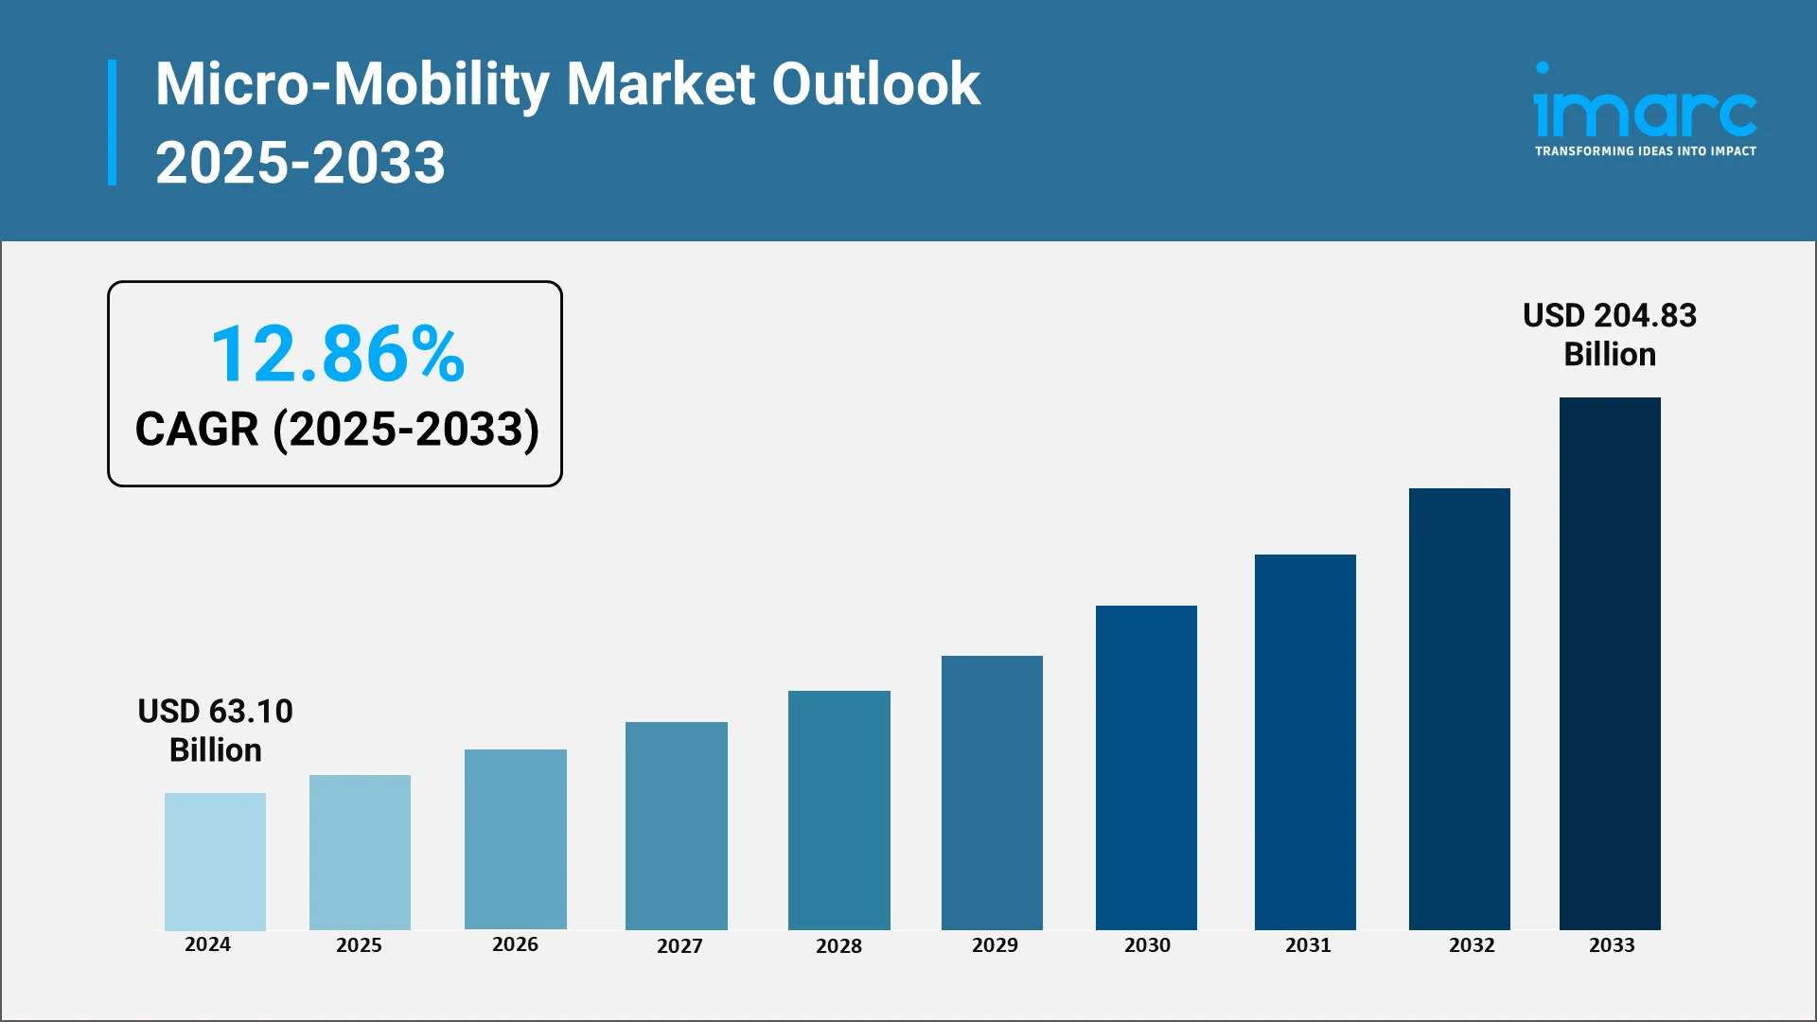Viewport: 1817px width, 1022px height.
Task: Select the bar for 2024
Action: click(x=215, y=861)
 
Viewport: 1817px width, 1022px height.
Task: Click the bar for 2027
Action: click(x=676, y=825)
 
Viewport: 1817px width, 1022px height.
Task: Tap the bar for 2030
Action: click(x=1146, y=767)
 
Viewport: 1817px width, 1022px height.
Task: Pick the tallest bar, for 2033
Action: click(x=1610, y=663)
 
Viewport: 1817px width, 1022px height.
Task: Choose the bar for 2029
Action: click(x=992, y=792)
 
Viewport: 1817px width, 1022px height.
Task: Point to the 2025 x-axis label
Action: click(x=359, y=944)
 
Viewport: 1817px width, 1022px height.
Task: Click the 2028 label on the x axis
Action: click(x=838, y=945)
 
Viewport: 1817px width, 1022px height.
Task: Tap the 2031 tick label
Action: click(x=1308, y=944)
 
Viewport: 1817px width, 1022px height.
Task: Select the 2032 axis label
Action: click(x=1472, y=944)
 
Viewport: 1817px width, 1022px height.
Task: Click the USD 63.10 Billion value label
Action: click(x=215, y=730)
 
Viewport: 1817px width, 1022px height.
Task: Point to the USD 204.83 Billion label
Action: click(x=1609, y=334)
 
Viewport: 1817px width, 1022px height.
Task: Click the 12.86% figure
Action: click(x=337, y=354)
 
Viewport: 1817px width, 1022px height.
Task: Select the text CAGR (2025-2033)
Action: click(x=337, y=429)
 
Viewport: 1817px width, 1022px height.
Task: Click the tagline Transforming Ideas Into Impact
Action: click(x=1645, y=151)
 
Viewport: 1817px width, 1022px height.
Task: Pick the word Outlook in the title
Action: click(x=875, y=83)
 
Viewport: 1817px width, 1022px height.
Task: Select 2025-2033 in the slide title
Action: click(x=300, y=162)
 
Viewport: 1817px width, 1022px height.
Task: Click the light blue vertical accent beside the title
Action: click(x=113, y=122)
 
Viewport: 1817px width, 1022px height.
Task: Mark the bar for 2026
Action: click(x=515, y=838)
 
